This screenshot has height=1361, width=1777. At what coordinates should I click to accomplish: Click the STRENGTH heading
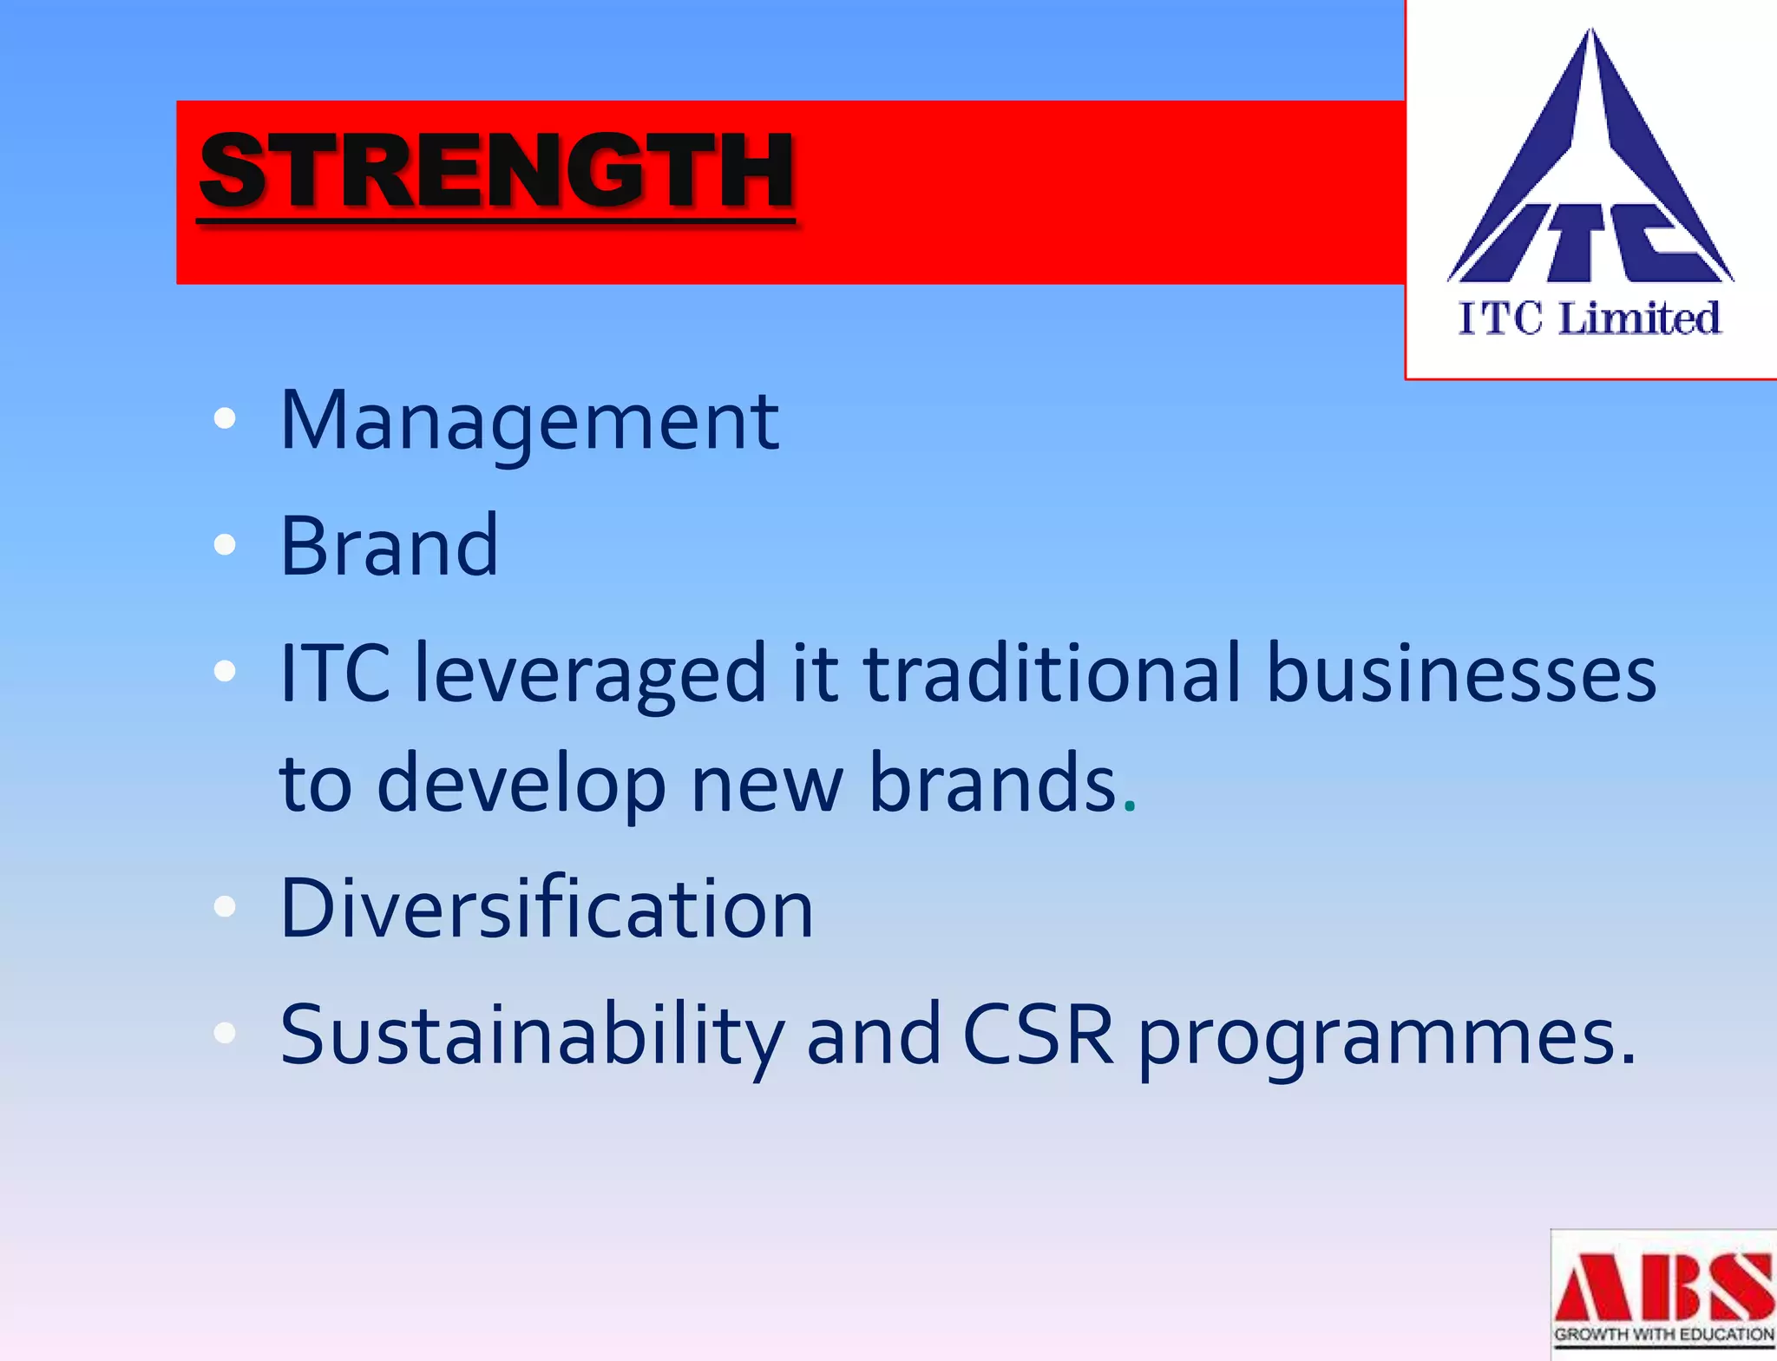pyautogui.click(x=496, y=171)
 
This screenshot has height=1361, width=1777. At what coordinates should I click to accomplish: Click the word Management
pyautogui.click(x=529, y=421)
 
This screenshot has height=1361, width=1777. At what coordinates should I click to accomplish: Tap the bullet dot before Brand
pyautogui.click(x=225, y=544)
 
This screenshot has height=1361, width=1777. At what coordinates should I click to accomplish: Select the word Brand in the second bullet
pyautogui.click(x=390, y=546)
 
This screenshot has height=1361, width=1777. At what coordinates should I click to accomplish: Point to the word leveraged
pyautogui.click(x=591, y=673)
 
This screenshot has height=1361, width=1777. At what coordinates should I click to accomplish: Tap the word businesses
pyautogui.click(x=1461, y=673)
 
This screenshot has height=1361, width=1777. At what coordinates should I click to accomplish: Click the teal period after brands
pyautogui.click(x=1129, y=808)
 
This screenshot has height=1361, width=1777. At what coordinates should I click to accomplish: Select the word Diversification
pyautogui.click(x=547, y=908)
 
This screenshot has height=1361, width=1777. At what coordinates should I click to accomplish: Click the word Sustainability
pyautogui.click(x=532, y=1035)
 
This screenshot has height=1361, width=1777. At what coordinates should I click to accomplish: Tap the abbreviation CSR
pyautogui.click(x=1038, y=1035)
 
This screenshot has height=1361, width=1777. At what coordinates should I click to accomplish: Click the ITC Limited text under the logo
pyautogui.click(x=1590, y=318)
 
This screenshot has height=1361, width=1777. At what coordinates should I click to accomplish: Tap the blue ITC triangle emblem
pyautogui.click(x=1590, y=174)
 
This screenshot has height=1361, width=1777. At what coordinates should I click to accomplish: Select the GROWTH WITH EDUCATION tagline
pyautogui.click(x=1663, y=1334)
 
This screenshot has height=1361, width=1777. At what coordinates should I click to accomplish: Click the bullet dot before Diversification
pyautogui.click(x=225, y=907)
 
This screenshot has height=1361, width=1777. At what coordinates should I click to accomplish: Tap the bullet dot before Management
pyautogui.click(x=225, y=418)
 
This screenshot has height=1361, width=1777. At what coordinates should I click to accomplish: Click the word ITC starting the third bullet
pyautogui.click(x=335, y=673)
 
